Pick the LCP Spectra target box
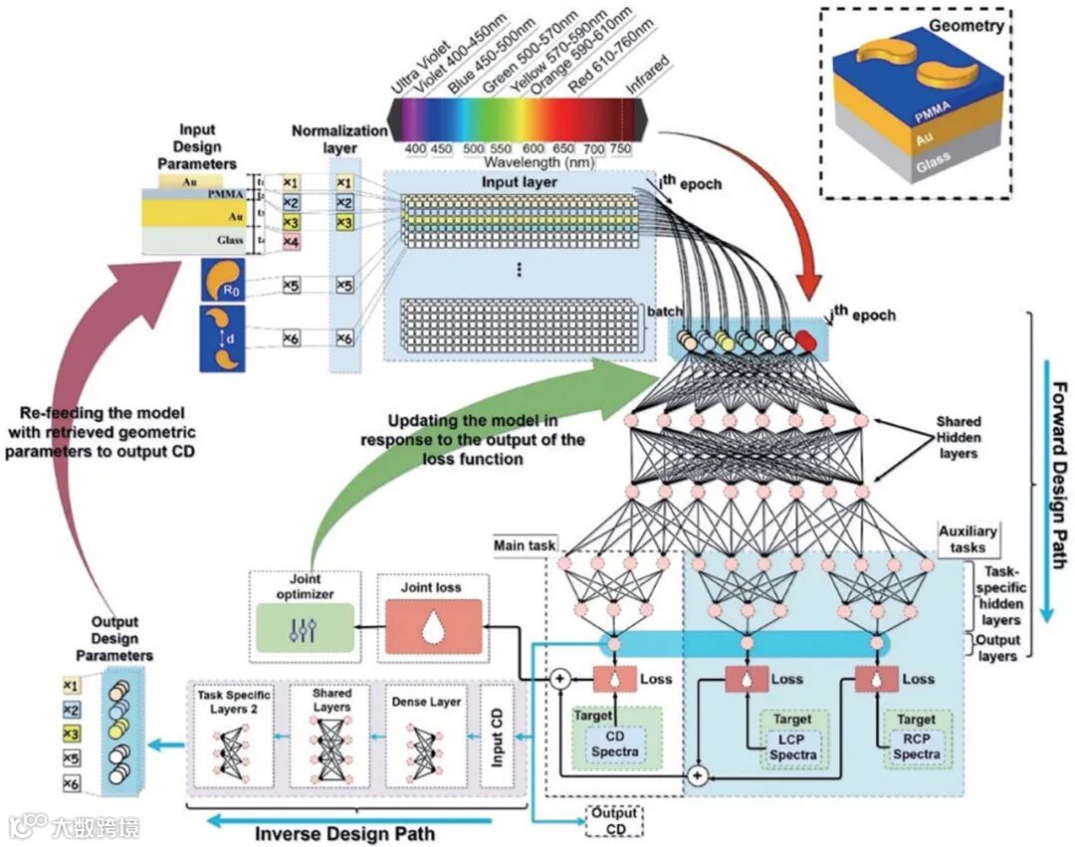click(792, 747)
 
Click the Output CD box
click(613, 822)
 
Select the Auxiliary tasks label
click(967, 539)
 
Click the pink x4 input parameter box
click(291, 242)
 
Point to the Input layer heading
click(520, 182)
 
